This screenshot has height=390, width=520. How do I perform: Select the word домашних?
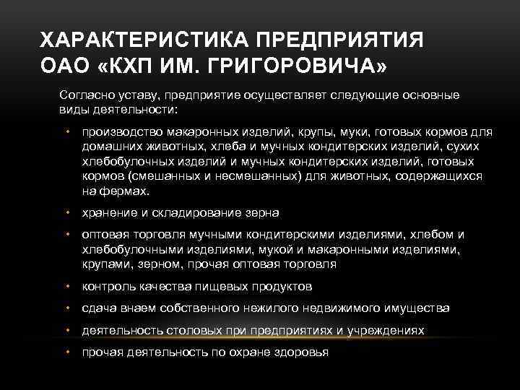click(110, 147)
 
